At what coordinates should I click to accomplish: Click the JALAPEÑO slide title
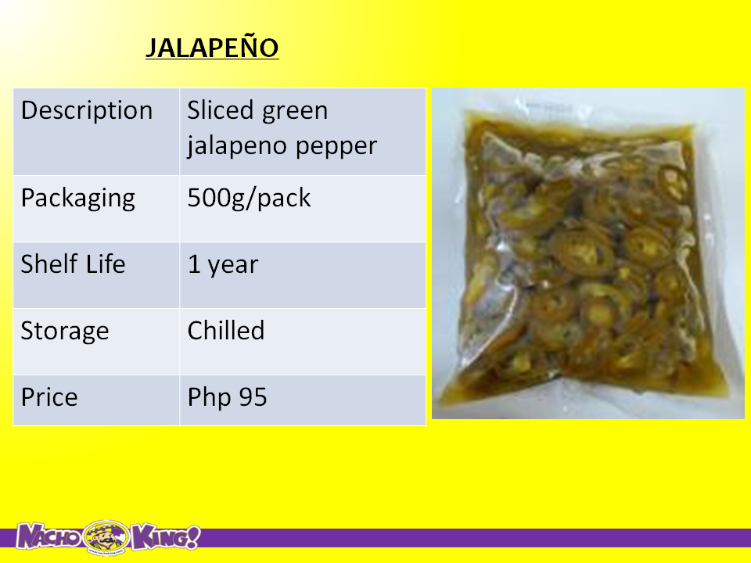tap(212, 48)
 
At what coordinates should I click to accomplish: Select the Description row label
tap(87, 110)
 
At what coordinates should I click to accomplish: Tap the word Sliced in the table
tap(220, 110)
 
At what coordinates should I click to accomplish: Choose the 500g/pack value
tap(249, 199)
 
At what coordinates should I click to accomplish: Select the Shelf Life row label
tap(73, 264)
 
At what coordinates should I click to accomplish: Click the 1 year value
tap(223, 265)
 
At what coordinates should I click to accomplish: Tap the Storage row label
tap(65, 332)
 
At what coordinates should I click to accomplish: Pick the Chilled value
tap(226, 330)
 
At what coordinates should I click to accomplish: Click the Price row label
tap(49, 397)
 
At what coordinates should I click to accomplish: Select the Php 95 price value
tap(227, 398)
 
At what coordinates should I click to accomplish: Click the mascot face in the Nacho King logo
tap(106, 538)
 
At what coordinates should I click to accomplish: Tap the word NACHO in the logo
tap(49, 536)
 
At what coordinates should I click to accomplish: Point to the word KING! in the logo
tap(165, 537)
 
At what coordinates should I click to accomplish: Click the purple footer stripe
tap(474, 538)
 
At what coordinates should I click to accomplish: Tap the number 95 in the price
tap(253, 397)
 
